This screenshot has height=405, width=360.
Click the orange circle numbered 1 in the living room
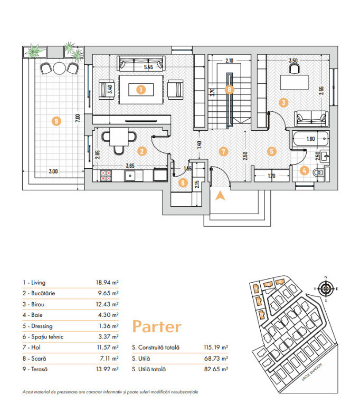(140, 90)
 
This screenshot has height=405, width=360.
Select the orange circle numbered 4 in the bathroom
(305, 170)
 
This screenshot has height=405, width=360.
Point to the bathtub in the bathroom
(311, 141)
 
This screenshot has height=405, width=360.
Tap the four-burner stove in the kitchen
(106, 175)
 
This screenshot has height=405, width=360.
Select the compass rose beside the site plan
(326, 288)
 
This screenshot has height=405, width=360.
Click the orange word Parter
(156, 326)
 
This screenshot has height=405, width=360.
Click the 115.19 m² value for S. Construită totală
(215, 348)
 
